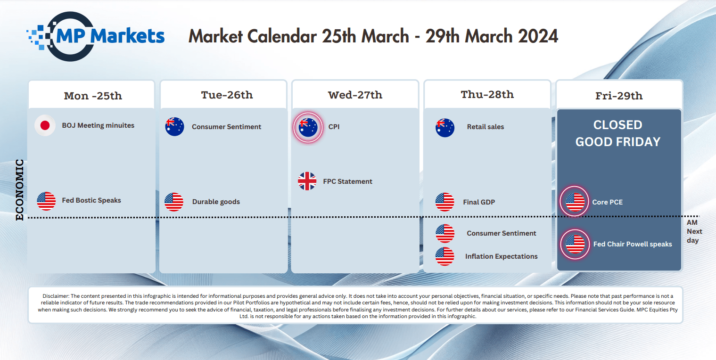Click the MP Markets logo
[95, 36]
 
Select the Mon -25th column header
[93, 96]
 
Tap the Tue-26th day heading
[227, 95]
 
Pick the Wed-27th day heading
[355, 95]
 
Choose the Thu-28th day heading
[487, 95]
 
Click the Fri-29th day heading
[619, 96]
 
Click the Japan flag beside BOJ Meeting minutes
[45, 125]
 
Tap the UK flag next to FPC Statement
[307, 181]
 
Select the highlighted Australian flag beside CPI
[308, 127]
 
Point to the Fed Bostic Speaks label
[91, 200]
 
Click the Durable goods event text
[216, 202]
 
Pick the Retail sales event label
[486, 127]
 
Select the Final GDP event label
[479, 202]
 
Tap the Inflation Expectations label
[502, 256]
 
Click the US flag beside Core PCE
[575, 202]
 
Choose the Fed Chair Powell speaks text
[633, 244]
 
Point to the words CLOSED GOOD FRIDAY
[618, 133]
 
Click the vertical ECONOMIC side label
[20, 190]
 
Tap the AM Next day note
[694, 231]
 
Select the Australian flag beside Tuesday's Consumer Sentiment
[174, 126]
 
